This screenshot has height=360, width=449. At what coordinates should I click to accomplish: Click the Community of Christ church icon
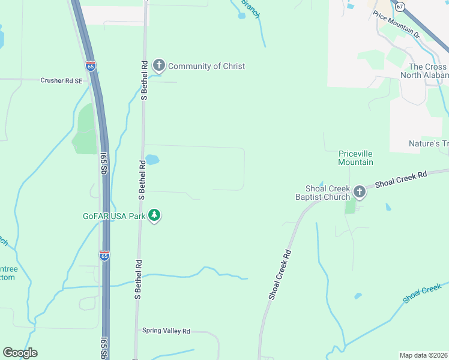pos(159,65)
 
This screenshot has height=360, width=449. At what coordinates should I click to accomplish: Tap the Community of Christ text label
pos(206,66)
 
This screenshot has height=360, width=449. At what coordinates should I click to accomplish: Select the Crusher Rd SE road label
pos(61,80)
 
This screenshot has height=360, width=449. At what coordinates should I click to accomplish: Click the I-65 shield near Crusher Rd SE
pos(91,66)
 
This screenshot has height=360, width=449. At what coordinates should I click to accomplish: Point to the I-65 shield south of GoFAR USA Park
pos(104,256)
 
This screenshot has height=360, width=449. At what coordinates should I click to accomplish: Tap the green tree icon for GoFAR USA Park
pos(154,215)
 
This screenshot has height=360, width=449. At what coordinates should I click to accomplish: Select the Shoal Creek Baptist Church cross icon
pos(359,191)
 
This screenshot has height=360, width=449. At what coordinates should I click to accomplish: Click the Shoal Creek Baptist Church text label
pos(322,192)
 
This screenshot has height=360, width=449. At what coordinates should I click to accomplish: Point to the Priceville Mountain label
pos(355,158)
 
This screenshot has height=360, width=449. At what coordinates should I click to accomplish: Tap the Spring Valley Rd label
pos(166,331)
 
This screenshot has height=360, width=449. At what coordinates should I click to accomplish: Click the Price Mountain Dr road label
pos(396,24)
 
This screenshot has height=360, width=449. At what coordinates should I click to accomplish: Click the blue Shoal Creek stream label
pos(423,294)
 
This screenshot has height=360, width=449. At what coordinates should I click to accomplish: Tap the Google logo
pos(20,353)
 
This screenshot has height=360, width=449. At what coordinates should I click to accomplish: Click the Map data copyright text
pos(423,355)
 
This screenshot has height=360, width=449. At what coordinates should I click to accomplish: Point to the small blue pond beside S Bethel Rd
pos(152,160)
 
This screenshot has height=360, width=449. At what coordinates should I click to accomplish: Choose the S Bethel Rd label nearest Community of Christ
pos(144,79)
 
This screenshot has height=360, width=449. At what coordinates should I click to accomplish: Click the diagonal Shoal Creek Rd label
pos(280,274)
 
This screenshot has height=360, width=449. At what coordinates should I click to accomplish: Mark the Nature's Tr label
pos(427,144)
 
